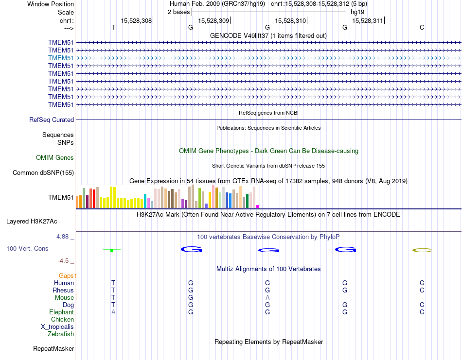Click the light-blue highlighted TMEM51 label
[x=61, y=58]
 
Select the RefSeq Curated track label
[x=52, y=120]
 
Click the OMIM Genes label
[x=55, y=157]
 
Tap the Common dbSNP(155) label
[x=43, y=172]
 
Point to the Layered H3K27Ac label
[x=32, y=221]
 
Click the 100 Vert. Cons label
[x=27, y=248]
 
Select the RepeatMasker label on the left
[x=53, y=348]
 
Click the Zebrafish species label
[x=61, y=334]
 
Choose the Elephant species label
[x=61, y=312]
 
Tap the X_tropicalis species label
[x=57, y=326]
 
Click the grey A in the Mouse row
[x=267, y=297]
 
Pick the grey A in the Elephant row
[x=113, y=312]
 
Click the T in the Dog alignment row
[x=113, y=305]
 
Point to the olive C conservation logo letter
[x=422, y=250]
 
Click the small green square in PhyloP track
[x=112, y=250]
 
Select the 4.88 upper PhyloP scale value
[x=64, y=237]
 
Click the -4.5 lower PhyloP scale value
[x=66, y=260]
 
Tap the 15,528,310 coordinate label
[x=290, y=20]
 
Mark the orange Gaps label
[x=67, y=275]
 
